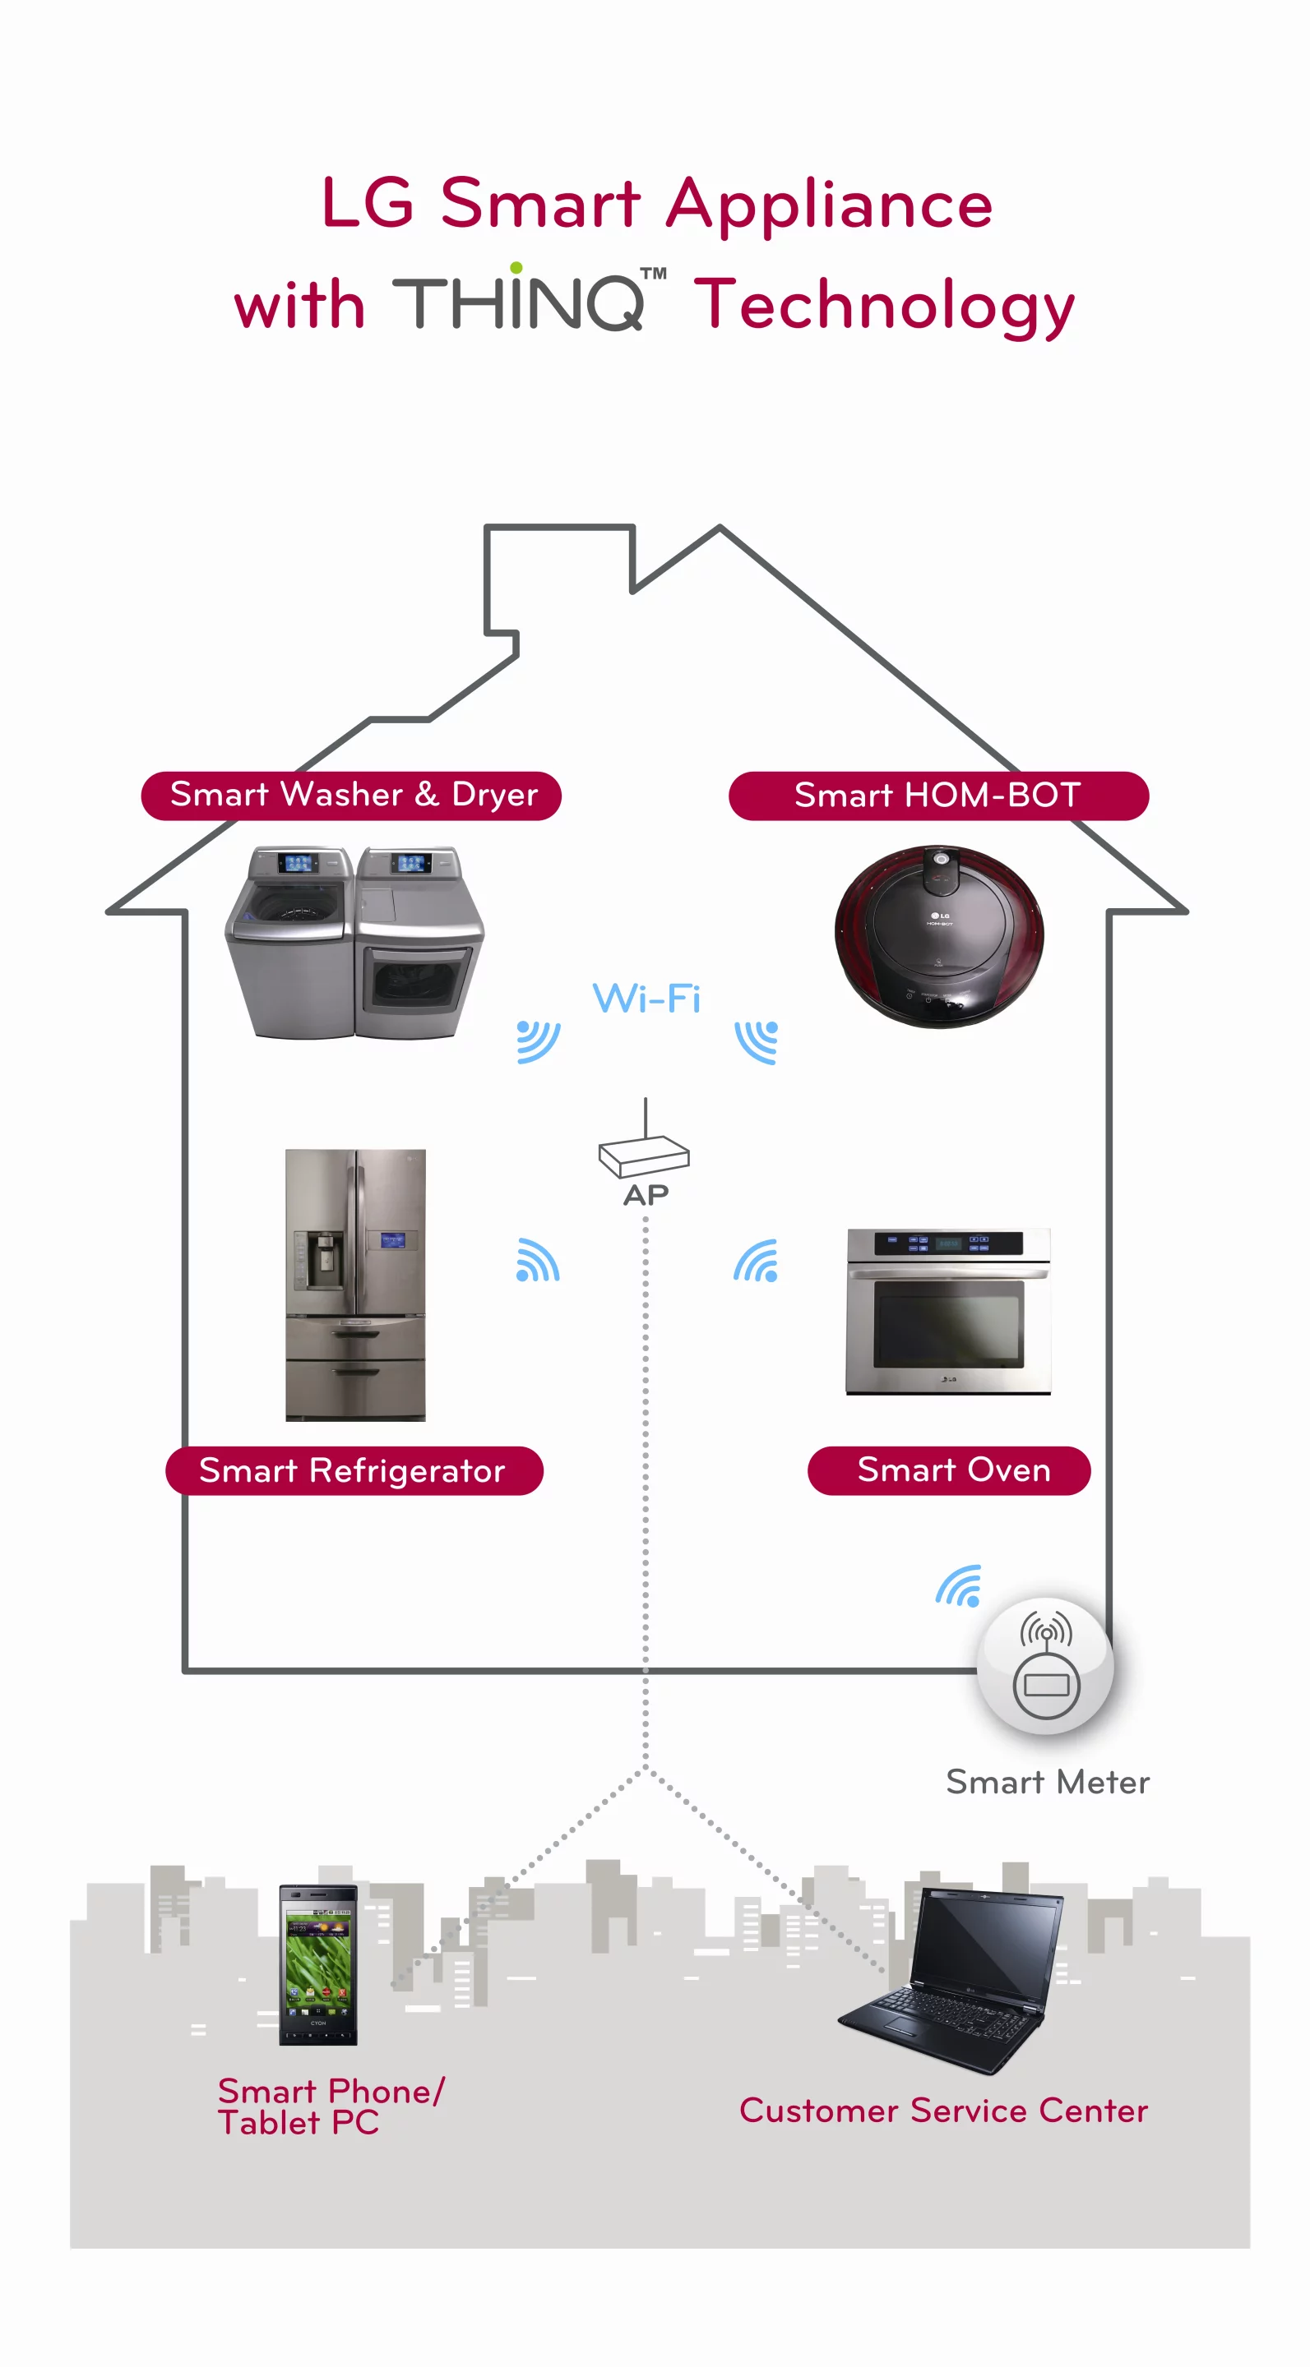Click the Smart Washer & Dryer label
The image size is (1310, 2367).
point(351,796)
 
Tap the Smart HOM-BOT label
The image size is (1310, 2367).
point(937,796)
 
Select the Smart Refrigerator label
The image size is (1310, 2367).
point(354,1470)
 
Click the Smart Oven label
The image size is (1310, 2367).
point(949,1470)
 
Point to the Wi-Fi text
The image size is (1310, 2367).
point(646,999)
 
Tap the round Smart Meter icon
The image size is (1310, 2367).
point(1045,1665)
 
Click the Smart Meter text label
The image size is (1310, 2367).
point(1047,1783)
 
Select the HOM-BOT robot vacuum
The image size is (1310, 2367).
point(939,935)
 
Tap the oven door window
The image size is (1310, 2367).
point(947,1323)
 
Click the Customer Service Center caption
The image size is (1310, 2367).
point(943,2111)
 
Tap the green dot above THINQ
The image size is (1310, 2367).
point(516,267)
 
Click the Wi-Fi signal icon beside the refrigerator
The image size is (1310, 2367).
point(538,1261)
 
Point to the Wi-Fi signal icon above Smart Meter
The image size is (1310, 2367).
point(959,1586)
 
